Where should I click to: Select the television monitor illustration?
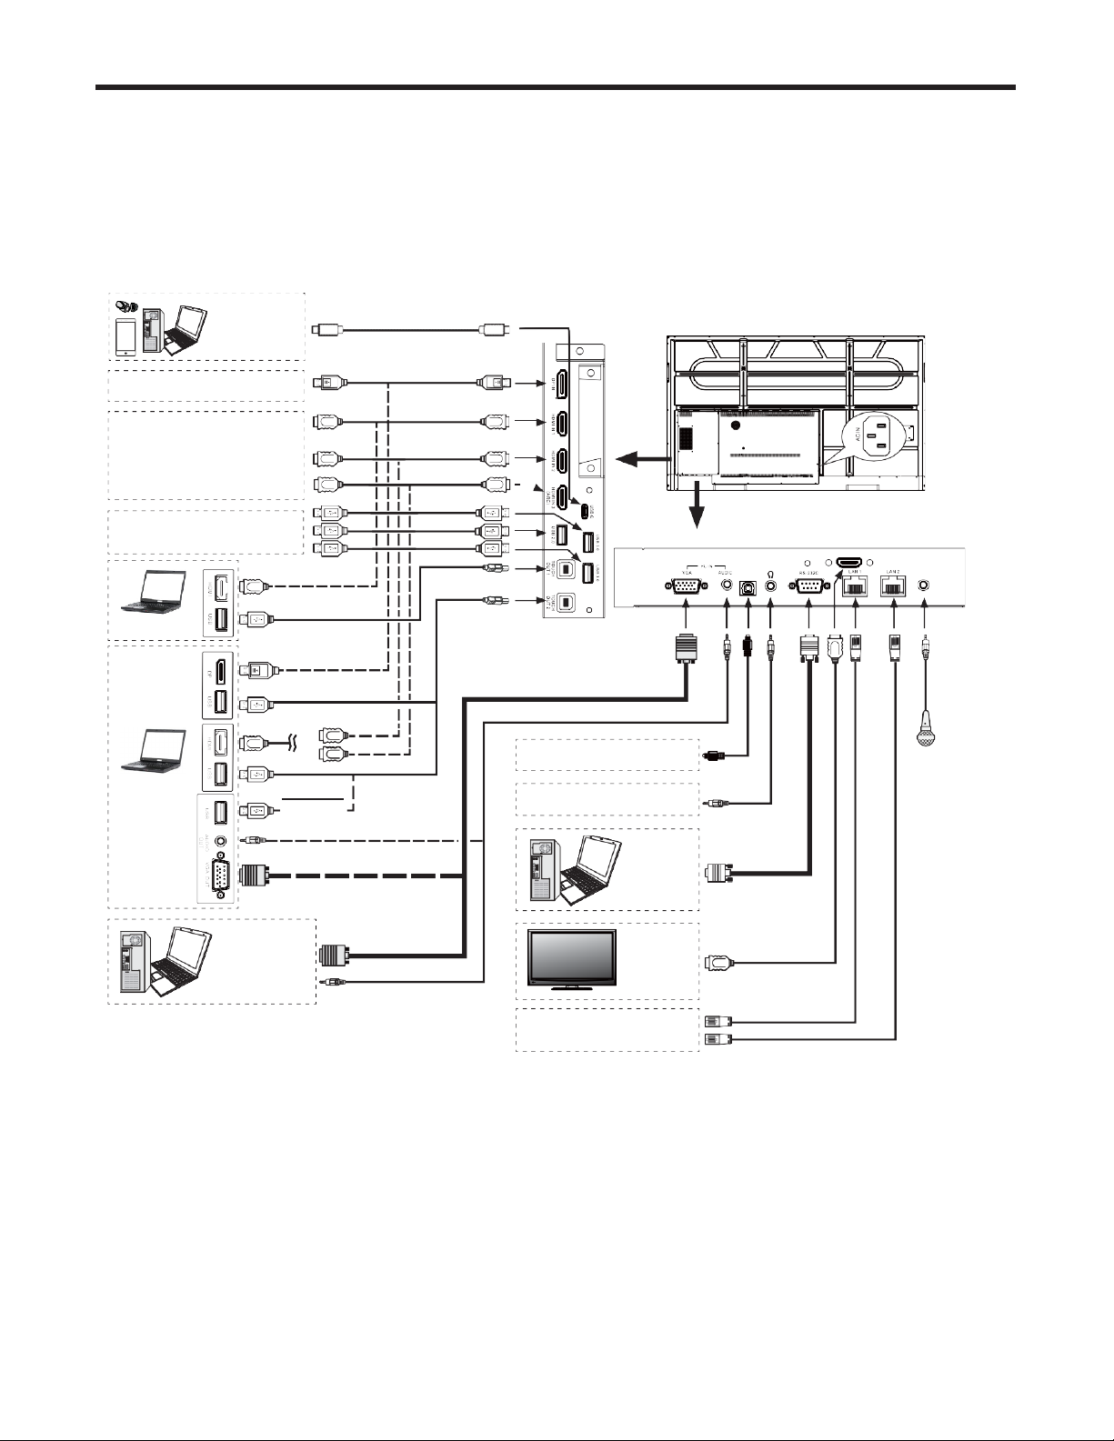571,961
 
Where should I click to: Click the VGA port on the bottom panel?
685,587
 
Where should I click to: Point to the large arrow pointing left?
637,460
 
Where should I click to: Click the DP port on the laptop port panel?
219,670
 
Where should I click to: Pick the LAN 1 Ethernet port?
856,587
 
